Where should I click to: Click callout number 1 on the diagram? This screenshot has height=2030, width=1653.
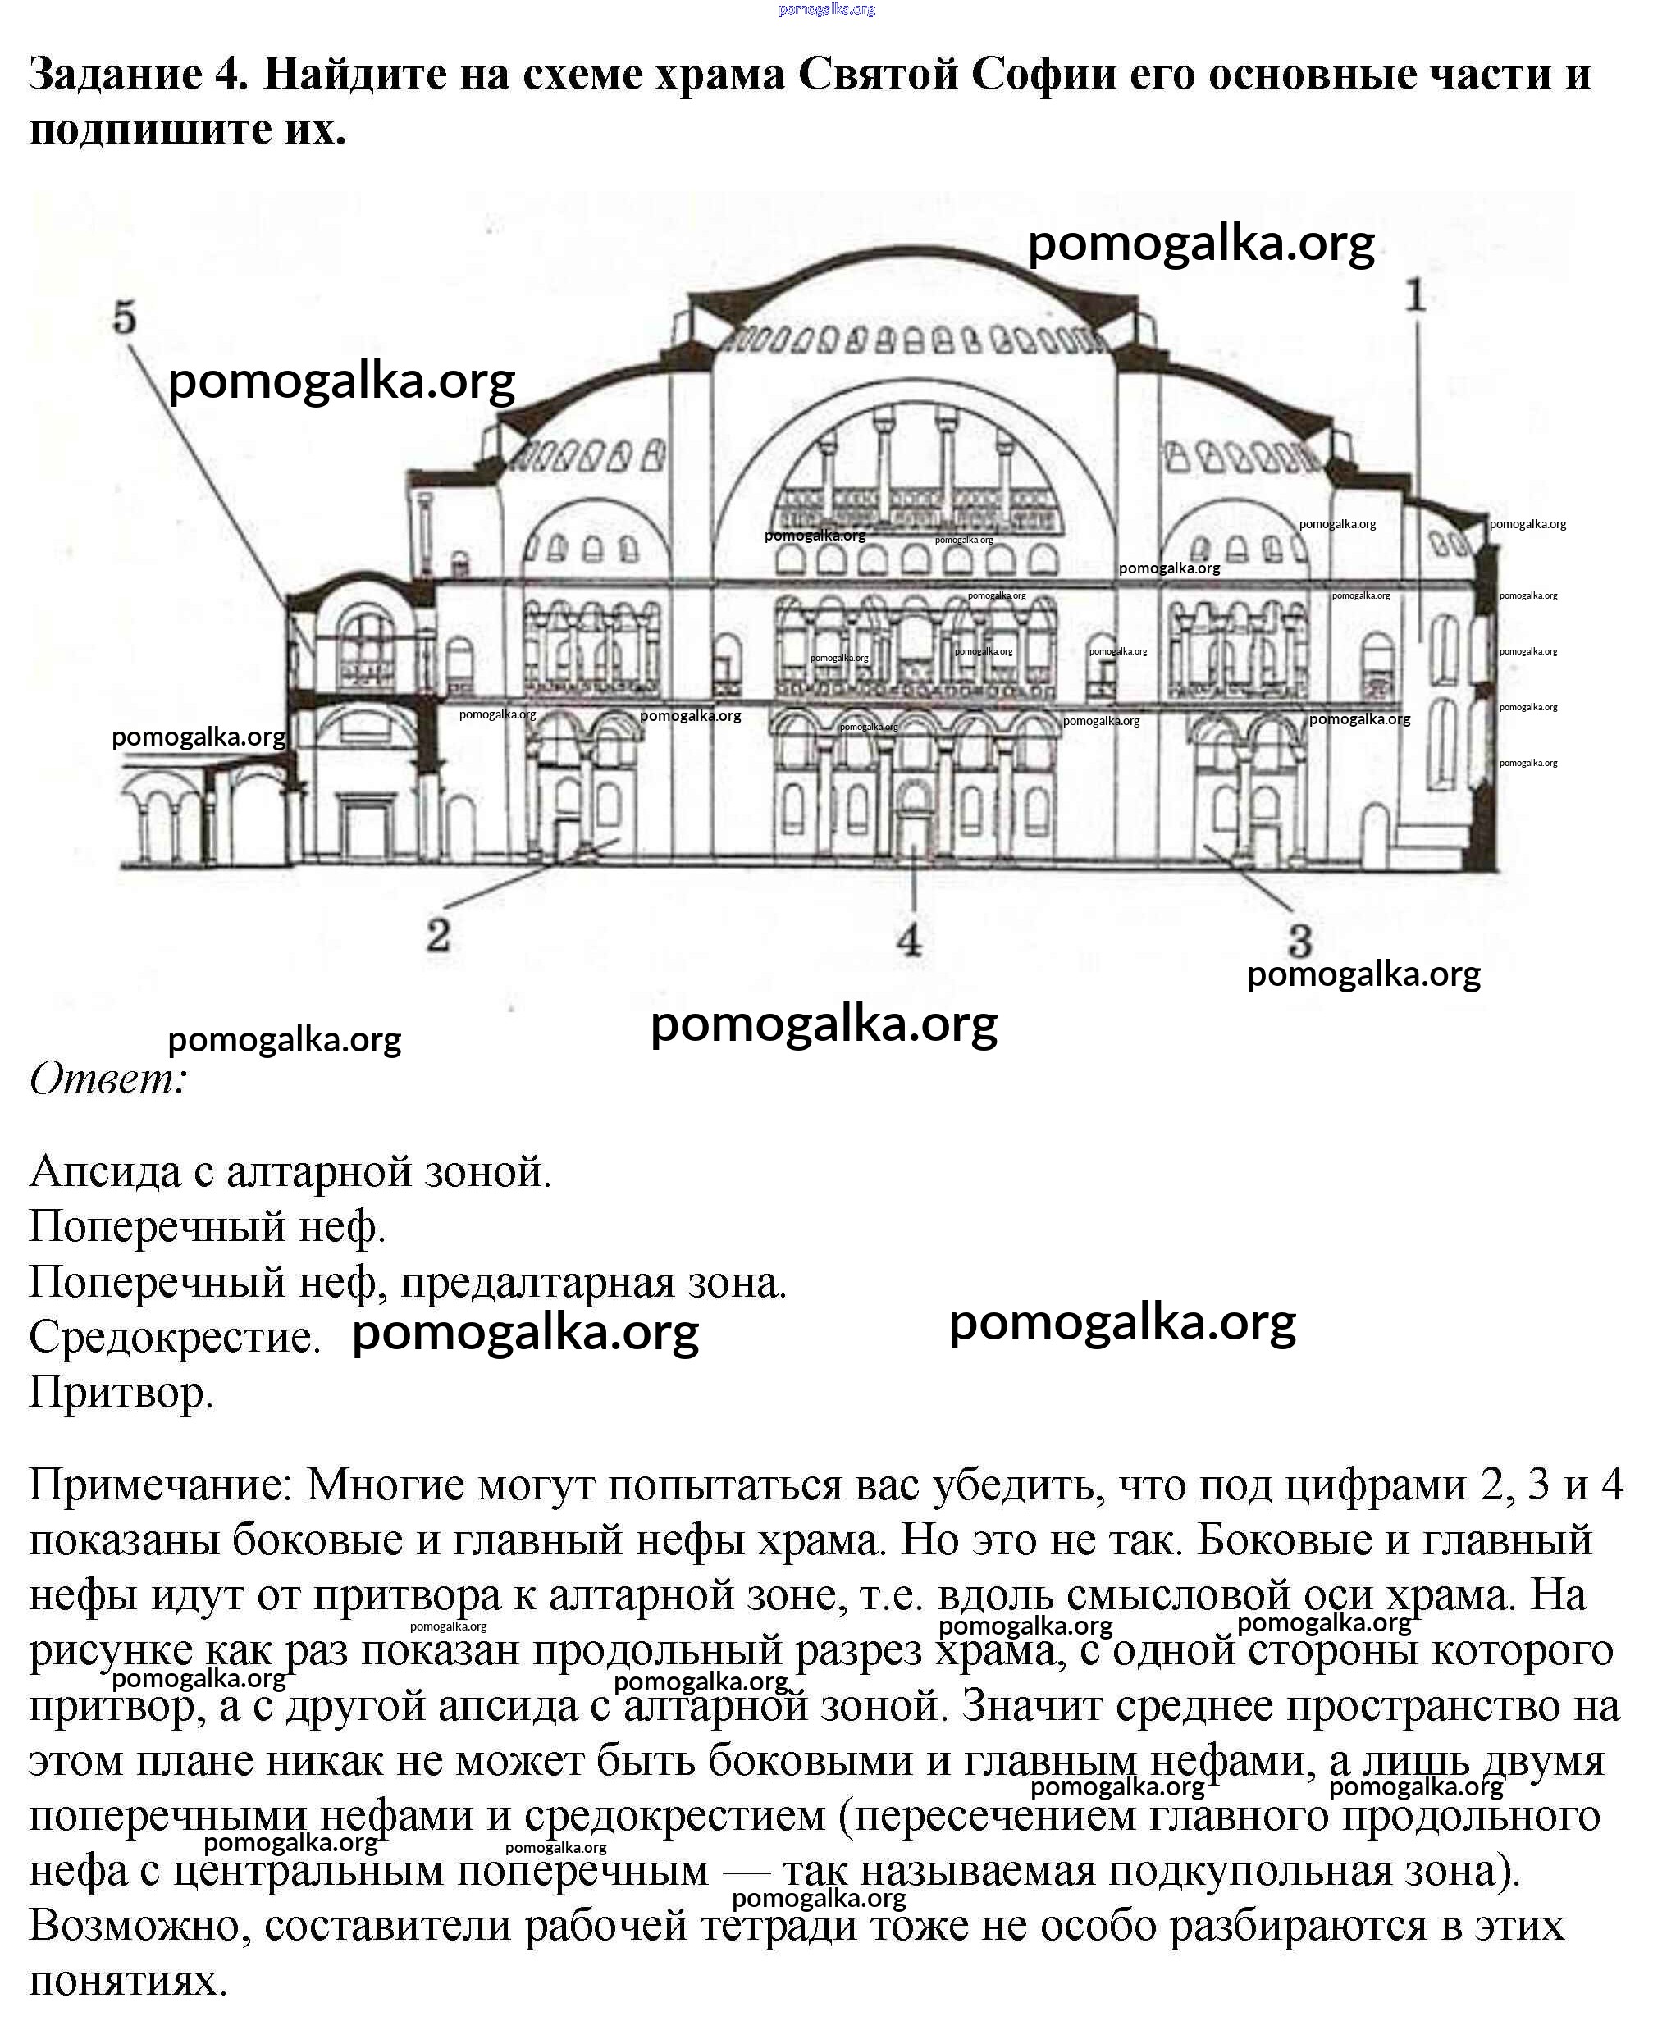point(1415,295)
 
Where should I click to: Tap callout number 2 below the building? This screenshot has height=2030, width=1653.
point(438,935)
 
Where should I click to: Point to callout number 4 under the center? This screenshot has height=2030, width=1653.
point(909,939)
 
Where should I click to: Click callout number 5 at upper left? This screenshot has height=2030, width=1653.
point(125,317)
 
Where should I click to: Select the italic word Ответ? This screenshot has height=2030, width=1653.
point(107,1079)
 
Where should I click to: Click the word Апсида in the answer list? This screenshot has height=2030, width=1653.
point(105,1171)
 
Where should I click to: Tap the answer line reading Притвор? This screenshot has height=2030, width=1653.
point(121,1392)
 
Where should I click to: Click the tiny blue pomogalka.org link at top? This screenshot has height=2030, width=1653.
point(827,10)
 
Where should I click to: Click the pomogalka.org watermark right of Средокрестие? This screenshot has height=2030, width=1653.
point(526,1333)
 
